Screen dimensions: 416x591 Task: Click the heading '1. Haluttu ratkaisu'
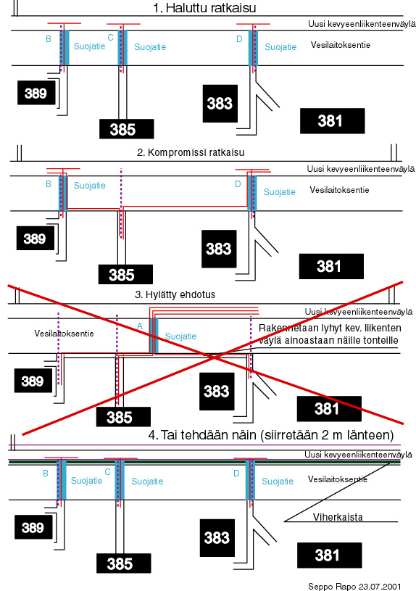(204, 8)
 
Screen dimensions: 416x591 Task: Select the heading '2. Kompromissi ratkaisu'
(191, 153)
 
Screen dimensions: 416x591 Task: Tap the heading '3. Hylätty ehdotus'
(175, 294)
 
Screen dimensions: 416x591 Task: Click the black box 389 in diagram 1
(36, 93)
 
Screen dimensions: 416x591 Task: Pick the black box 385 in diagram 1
(127, 129)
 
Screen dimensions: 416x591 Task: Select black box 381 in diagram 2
(331, 266)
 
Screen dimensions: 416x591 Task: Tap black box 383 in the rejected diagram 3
(217, 392)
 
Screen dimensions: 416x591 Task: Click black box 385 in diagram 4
(124, 563)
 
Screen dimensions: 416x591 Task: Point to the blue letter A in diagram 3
(140, 326)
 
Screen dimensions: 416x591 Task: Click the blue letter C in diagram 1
(110, 38)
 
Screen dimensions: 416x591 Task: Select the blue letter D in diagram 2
(238, 184)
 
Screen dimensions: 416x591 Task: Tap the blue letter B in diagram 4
(46, 474)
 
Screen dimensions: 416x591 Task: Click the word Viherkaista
(338, 517)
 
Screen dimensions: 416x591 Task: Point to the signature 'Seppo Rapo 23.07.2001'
(354, 587)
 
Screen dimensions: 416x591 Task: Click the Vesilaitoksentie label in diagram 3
(64, 333)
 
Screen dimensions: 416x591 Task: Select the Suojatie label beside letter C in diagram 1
(150, 47)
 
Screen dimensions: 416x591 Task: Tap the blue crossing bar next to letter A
(154, 336)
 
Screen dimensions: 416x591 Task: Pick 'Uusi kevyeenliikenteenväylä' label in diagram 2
(361, 169)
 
